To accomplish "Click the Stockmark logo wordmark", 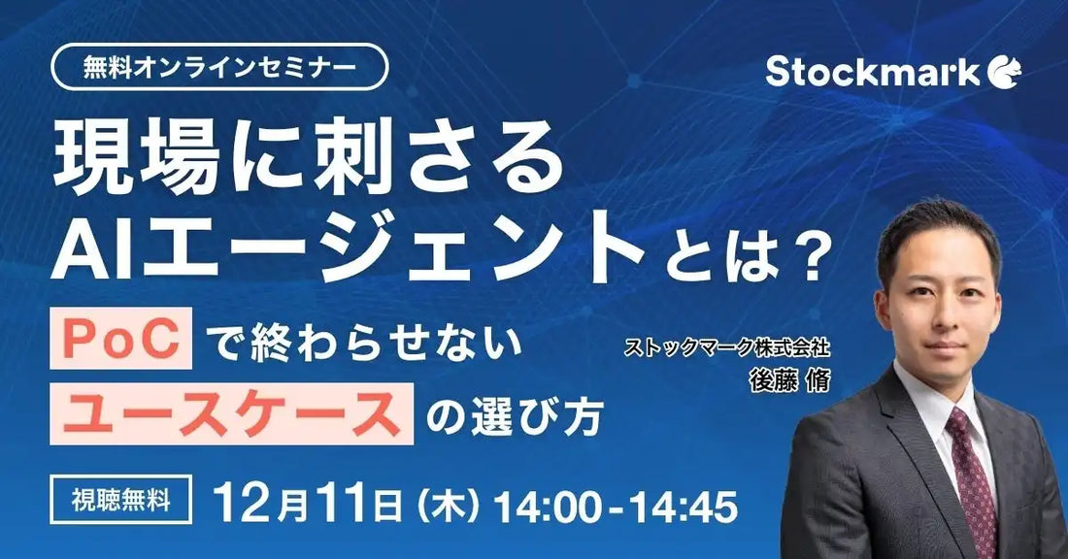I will [x=872, y=72].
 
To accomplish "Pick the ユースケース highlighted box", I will [x=231, y=414].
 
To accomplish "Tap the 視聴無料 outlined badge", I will [x=121, y=502].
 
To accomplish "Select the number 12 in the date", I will [x=244, y=504].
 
